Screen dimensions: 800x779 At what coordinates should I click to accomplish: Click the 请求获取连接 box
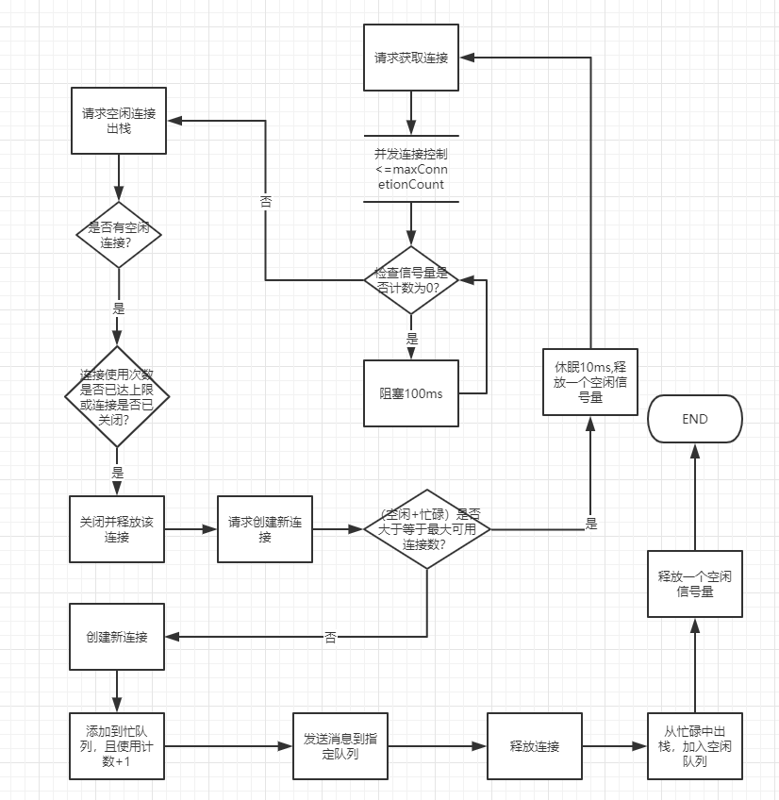pyautogui.click(x=411, y=58)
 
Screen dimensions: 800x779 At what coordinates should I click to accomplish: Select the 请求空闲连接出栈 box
pyautogui.click(x=119, y=121)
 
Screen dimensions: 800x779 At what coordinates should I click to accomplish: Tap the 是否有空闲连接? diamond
pyautogui.click(x=119, y=235)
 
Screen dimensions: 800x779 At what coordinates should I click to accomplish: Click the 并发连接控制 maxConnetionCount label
pyautogui.click(x=411, y=169)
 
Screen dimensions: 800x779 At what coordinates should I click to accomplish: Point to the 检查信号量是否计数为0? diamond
pyautogui.click(x=411, y=279)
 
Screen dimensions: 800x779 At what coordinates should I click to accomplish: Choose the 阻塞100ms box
pyautogui.click(x=411, y=393)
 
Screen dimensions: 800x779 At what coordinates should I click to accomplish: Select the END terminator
pyautogui.click(x=695, y=419)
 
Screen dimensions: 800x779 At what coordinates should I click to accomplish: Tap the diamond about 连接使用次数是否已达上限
pyautogui.click(x=117, y=394)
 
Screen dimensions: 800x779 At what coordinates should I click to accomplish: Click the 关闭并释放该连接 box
pyautogui.click(x=117, y=529)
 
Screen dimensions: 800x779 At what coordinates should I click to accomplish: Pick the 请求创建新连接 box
pyautogui.click(x=265, y=529)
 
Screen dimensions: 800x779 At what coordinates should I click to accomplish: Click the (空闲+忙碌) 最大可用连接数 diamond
pyautogui.click(x=428, y=529)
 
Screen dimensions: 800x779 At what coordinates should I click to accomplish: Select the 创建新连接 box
pyautogui.click(x=117, y=637)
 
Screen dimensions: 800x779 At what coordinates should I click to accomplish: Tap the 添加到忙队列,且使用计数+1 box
pyautogui.click(x=117, y=745)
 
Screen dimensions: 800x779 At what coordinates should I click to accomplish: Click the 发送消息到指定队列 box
pyautogui.click(x=340, y=746)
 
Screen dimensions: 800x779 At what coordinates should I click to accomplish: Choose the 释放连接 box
pyautogui.click(x=534, y=746)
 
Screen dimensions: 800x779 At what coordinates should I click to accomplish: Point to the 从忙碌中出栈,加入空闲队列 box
pyautogui.click(x=695, y=745)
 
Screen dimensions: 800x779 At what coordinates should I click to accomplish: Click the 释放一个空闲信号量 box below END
pyautogui.click(x=695, y=584)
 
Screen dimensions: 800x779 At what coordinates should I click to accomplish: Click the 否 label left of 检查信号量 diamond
pyautogui.click(x=266, y=202)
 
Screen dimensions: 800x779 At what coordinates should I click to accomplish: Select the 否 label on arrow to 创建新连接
pyautogui.click(x=330, y=638)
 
